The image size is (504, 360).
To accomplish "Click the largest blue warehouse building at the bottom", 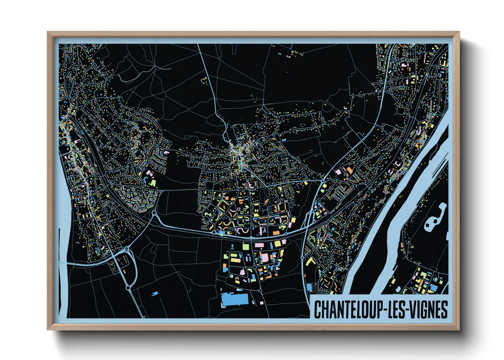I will (235, 299).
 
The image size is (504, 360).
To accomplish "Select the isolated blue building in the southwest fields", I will (155, 293).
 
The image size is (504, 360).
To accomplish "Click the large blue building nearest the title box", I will (309, 288).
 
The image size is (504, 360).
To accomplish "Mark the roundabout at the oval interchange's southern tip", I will (128, 288).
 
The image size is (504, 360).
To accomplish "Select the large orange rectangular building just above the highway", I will (276, 233).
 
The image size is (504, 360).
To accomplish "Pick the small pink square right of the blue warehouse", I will (261, 302).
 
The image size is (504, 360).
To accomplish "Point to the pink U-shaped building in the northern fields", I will (204, 80).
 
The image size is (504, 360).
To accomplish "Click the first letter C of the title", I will (317, 309).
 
